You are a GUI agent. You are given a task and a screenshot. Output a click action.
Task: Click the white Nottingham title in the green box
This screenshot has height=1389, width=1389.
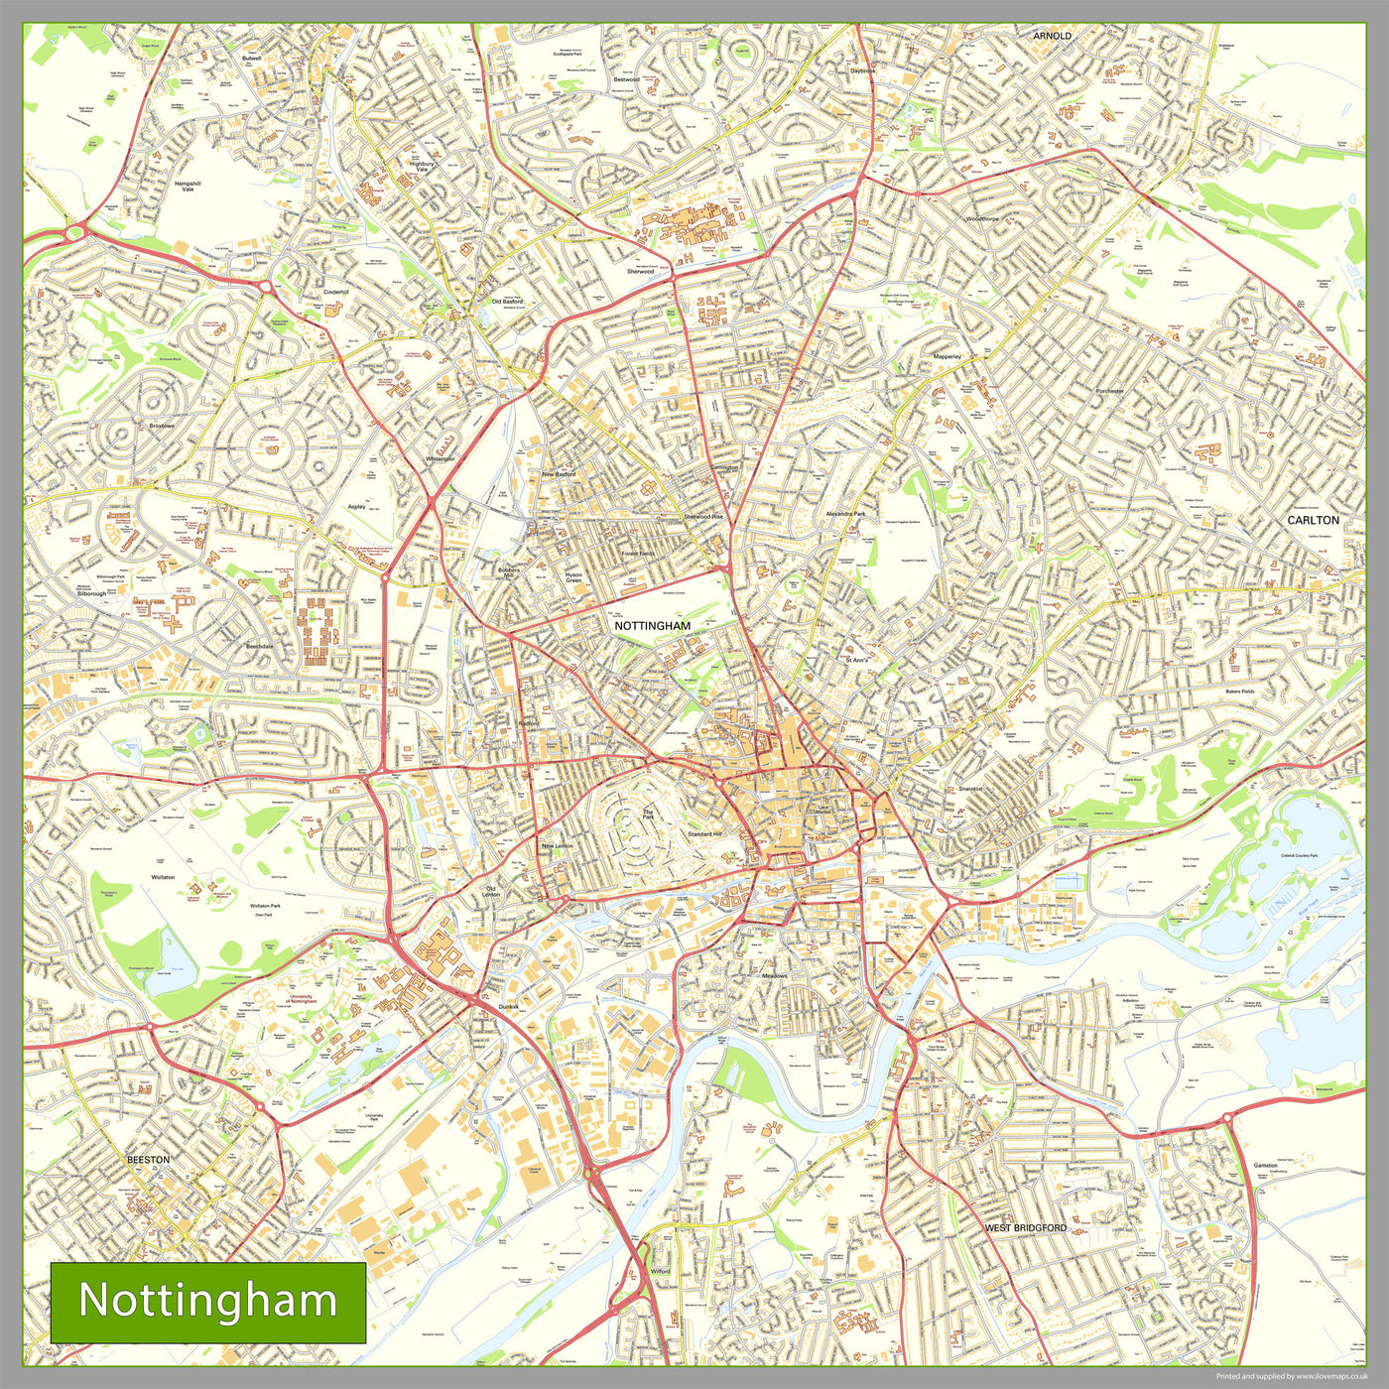coord(207,1301)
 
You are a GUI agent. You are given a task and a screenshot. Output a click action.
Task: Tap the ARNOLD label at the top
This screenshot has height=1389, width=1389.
coord(1052,36)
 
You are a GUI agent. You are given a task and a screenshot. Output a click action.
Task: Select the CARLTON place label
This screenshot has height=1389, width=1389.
coord(1313,520)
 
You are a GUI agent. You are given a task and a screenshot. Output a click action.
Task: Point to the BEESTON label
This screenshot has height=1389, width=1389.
coord(148,1159)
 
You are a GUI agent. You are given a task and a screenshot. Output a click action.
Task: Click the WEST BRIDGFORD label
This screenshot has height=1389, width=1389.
coord(1026,1227)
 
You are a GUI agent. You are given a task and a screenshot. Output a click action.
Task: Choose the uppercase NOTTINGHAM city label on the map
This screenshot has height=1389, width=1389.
coord(652,626)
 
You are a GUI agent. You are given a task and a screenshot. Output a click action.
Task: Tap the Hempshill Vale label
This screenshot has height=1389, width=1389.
coord(188,187)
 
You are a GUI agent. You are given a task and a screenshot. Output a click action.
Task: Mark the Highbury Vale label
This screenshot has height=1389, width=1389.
coord(422,167)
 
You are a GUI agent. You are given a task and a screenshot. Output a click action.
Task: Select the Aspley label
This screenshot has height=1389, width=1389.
coord(356,506)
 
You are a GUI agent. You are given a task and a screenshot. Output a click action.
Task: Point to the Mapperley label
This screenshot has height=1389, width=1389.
coord(947,356)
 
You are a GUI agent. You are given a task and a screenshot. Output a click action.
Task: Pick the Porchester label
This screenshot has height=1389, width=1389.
coord(1109,391)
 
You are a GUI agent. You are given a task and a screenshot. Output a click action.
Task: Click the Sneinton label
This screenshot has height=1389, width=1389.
coord(970,789)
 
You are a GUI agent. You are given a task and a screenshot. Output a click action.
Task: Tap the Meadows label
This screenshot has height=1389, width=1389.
coord(774,975)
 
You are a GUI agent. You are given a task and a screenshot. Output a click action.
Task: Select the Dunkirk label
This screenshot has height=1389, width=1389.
coord(508,1007)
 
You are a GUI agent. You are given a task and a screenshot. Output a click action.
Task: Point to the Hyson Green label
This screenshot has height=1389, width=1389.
coord(573,578)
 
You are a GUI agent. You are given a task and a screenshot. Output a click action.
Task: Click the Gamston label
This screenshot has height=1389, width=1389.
coord(1265,1165)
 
